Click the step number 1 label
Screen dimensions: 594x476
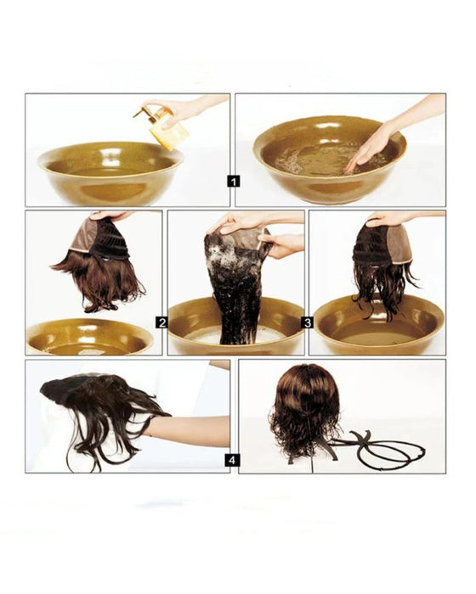[x=234, y=180]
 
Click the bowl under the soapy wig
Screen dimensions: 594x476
[x=235, y=336]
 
